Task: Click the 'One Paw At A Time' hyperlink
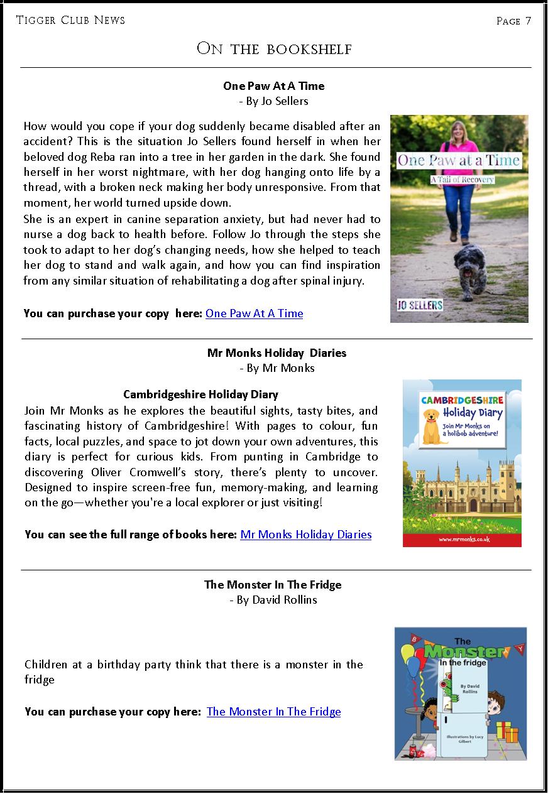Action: pos(254,313)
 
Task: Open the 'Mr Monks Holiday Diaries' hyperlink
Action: pos(305,535)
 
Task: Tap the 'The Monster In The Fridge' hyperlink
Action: pos(273,712)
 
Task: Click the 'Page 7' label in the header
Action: pos(513,21)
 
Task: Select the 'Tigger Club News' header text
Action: pos(70,20)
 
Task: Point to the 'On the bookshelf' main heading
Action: pos(274,48)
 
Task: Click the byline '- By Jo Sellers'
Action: pos(274,101)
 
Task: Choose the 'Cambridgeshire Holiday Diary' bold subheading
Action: pos(200,394)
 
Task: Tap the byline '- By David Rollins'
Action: pos(274,600)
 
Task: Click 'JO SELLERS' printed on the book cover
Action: pos(420,306)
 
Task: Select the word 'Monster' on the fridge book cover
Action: pos(465,652)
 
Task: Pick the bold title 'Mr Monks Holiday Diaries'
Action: pos(277,353)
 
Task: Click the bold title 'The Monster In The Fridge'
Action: pos(273,585)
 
